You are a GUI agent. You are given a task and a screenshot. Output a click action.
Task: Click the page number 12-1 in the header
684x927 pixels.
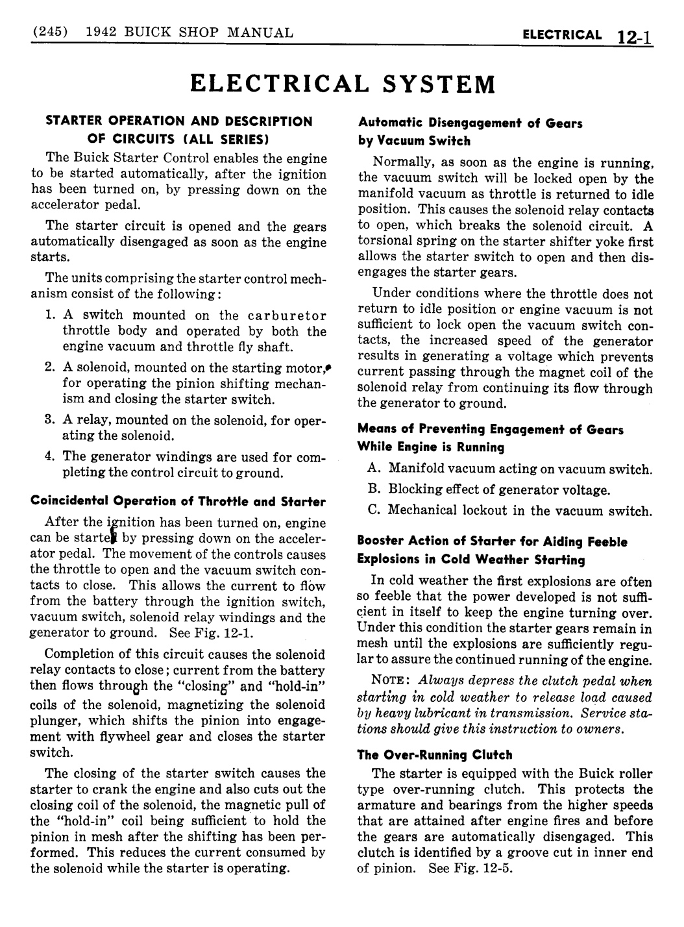pyautogui.click(x=635, y=36)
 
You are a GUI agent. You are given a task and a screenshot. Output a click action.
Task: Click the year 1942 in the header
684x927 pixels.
pyautogui.click(x=101, y=32)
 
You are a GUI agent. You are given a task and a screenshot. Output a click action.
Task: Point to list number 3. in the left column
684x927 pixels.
pyautogui.click(x=50, y=419)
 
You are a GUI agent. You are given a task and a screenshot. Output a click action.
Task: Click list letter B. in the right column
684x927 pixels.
pyautogui.click(x=374, y=489)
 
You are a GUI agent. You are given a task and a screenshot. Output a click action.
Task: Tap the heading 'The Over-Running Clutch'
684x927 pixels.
pyautogui.click(x=434, y=755)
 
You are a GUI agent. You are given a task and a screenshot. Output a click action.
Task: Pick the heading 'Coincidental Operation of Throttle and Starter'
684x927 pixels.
pyautogui.click(x=178, y=501)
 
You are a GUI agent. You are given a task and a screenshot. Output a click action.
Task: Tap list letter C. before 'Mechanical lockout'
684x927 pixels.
pyautogui.click(x=374, y=510)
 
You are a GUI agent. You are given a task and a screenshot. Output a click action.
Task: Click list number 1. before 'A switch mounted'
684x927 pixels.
pyautogui.click(x=50, y=315)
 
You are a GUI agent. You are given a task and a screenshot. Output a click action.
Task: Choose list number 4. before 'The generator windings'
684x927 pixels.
pyautogui.click(x=50, y=456)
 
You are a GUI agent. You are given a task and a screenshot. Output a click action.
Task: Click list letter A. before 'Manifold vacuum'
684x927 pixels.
pyautogui.click(x=374, y=469)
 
